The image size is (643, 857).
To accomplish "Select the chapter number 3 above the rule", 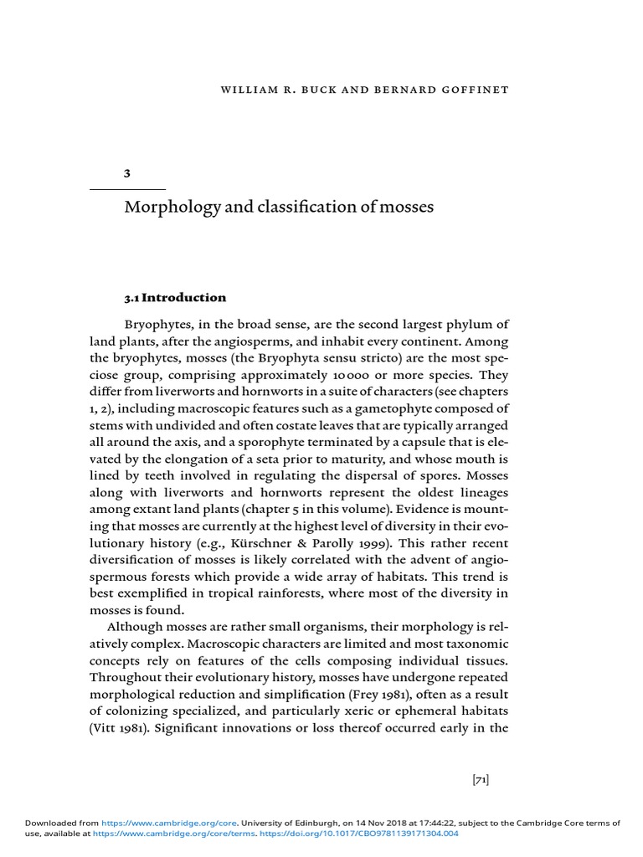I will click(127, 173).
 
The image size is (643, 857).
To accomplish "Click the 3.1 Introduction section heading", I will click(175, 297).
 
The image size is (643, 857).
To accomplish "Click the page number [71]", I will click(480, 780).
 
